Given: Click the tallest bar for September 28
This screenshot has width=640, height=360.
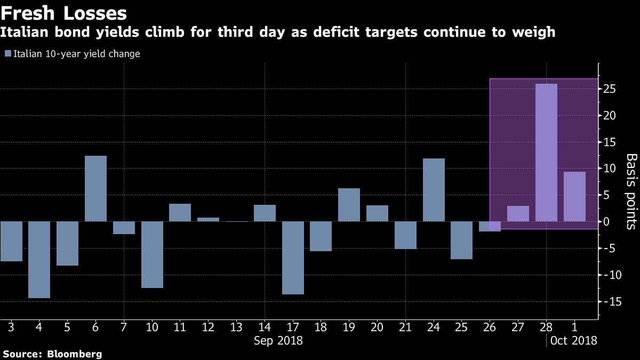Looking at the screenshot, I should tap(546, 153).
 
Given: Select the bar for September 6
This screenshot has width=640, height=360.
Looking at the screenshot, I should tap(96, 188).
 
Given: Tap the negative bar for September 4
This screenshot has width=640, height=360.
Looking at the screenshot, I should tap(39, 260).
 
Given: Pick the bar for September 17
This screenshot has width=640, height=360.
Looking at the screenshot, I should tap(293, 258).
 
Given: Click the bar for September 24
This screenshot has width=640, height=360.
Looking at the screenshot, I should tap(434, 190).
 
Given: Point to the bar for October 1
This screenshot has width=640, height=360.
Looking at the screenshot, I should tap(574, 196).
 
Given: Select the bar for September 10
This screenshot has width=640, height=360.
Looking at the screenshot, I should tap(152, 254).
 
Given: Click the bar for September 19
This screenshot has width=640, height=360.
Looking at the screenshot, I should tap(349, 205).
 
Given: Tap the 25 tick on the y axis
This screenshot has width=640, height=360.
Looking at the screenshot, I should tap(610, 89).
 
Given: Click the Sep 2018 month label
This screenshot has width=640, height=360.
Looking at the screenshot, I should tap(278, 340).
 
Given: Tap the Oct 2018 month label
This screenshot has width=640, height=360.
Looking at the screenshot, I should tap(573, 340).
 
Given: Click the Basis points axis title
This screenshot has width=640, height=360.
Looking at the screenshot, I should tap(631, 191).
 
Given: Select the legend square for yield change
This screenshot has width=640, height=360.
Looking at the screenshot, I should tap(7, 54).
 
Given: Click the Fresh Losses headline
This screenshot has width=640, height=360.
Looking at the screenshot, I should tap(63, 12).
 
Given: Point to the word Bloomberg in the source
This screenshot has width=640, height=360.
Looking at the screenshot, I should tap(74, 354).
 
